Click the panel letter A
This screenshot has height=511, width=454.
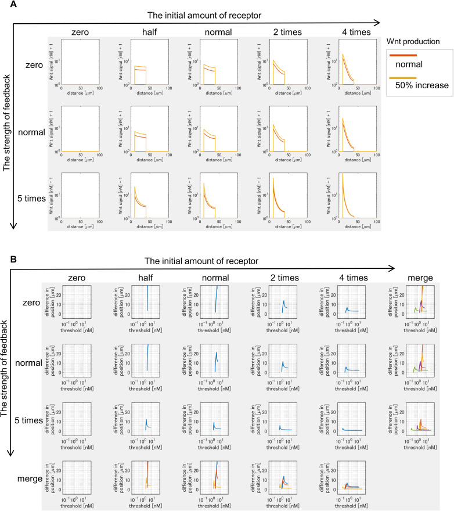coord(6,5)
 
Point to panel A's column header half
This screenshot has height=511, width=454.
coord(148,33)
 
